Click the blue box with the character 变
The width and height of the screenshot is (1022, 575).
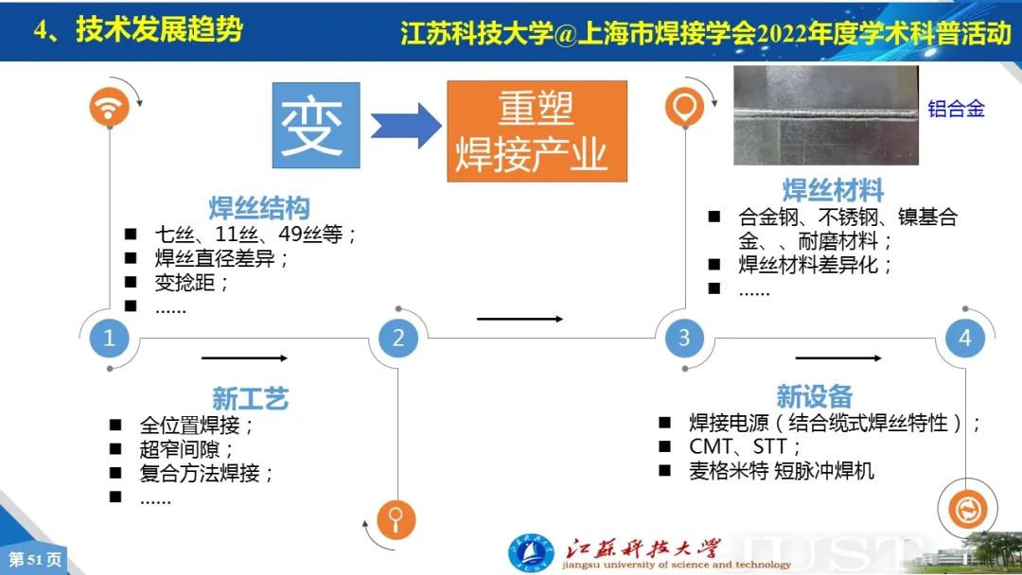316,125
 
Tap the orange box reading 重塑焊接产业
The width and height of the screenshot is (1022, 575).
537,131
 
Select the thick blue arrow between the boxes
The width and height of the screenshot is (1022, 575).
406,126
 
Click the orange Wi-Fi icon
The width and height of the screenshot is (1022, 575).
109,107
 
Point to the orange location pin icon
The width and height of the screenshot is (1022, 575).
684,107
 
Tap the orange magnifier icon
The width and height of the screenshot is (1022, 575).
396,519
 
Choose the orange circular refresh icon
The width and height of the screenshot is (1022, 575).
967,509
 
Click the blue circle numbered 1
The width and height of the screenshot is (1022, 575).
109,338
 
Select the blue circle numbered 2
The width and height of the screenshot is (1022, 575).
397,338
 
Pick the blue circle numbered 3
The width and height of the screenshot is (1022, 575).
684,338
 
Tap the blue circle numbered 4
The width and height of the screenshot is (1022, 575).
964,338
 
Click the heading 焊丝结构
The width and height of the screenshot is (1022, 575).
259,208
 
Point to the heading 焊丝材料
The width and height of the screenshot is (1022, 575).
833,190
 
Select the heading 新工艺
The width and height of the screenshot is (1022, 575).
250,398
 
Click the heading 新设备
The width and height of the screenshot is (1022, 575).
815,396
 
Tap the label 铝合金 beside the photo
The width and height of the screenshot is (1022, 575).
956,108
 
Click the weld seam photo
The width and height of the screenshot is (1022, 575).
826,115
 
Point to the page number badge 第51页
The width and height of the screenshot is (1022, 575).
35,559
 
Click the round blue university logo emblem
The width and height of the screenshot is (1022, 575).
531,554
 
